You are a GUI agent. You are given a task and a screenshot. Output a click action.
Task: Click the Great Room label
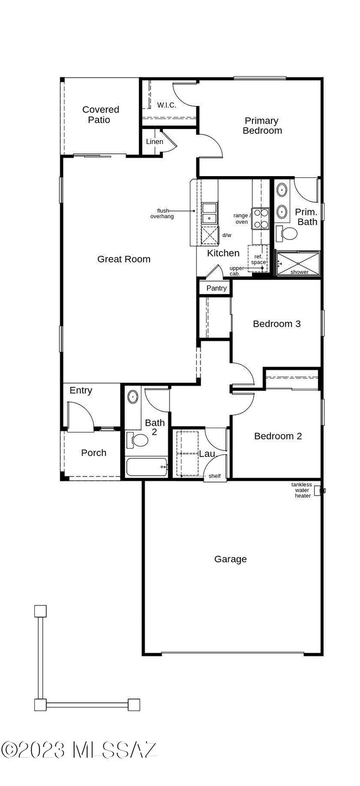tap(124, 259)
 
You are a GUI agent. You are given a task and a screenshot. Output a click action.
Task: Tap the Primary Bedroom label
tap(262, 126)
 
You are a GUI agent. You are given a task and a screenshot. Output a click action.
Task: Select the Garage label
tap(230, 559)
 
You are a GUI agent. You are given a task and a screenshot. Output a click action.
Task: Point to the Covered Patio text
tap(100, 115)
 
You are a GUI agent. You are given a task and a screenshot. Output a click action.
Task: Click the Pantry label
tap(217, 288)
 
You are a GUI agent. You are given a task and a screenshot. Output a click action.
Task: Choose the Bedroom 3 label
tap(276, 323)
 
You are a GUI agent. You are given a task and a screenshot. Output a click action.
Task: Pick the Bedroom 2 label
tap(277, 436)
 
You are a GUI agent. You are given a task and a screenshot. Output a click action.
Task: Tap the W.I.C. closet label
tap(166, 105)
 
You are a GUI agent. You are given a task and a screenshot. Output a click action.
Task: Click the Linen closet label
tap(155, 142)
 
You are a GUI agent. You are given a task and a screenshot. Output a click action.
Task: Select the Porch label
tap(94, 453)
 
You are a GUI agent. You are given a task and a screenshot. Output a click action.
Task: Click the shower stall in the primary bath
tap(298, 263)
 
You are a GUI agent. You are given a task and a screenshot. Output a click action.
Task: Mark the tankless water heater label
tap(302, 490)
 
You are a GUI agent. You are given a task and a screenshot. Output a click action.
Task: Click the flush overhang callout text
tap(162, 213)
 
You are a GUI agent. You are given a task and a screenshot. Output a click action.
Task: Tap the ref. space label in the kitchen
tap(259, 259)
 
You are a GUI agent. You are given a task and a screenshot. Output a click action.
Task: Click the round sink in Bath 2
tap(133, 397)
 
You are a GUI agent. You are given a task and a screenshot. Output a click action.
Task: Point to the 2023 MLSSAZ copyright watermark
tap(79, 750)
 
